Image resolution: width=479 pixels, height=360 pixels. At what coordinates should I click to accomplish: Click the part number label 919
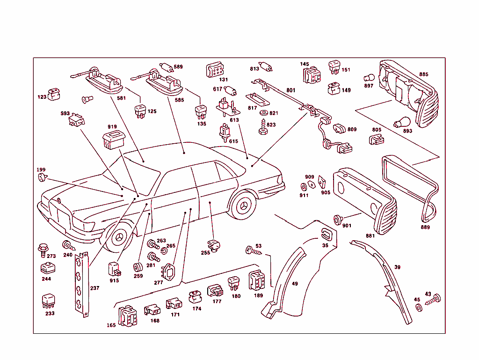(112, 127)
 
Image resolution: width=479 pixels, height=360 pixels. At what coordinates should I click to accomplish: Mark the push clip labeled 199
(43, 177)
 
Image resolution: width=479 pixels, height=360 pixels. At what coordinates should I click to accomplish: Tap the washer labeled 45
(418, 308)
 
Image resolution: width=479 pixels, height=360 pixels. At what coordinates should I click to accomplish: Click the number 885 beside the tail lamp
(423, 74)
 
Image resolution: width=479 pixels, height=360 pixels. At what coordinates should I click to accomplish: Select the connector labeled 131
(216, 70)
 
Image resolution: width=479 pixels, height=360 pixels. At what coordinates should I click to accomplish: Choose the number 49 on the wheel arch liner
(294, 284)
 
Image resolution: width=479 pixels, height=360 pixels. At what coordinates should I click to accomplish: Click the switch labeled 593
(76, 122)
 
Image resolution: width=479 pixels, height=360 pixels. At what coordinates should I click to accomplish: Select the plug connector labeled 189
(257, 281)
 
